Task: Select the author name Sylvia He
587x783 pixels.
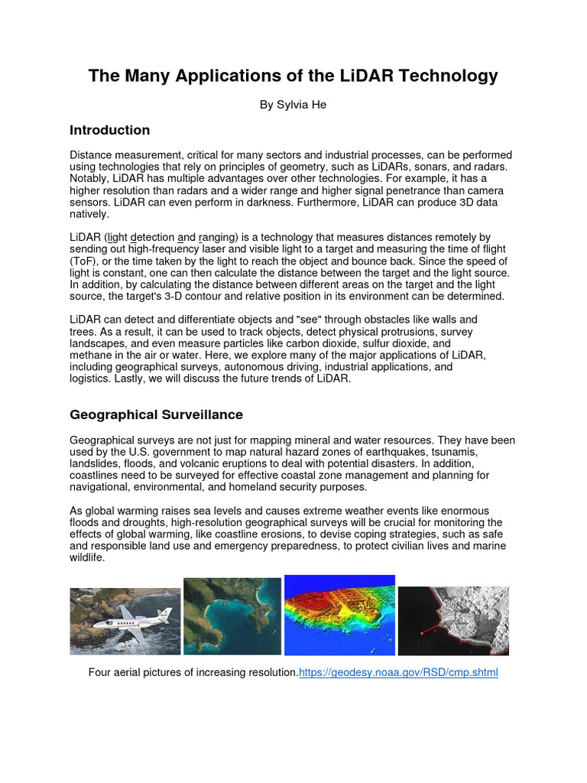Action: click(x=293, y=105)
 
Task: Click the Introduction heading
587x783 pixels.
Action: click(x=109, y=130)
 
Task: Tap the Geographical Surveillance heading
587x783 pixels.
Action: click(x=156, y=415)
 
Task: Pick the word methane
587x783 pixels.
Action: click(x=91, y=356)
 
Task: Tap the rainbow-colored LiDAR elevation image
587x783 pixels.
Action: click(x=339, y=616)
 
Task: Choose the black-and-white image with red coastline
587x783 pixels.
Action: click(x=453, y=620)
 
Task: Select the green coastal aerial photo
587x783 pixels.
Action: click(x=232, y=616)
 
